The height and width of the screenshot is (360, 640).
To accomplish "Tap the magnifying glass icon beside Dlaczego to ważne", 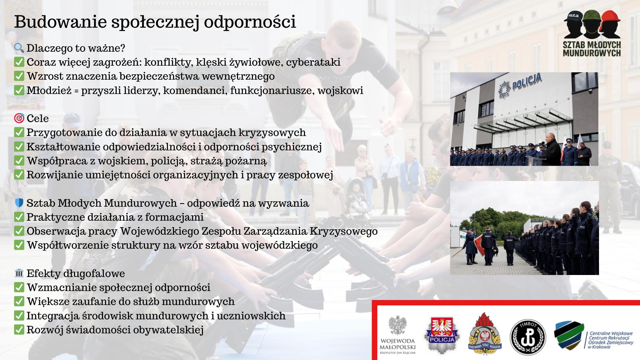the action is pos(19,48).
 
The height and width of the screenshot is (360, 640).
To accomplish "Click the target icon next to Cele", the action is pos(19,118).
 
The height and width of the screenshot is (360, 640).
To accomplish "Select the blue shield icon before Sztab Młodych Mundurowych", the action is pos(19,203).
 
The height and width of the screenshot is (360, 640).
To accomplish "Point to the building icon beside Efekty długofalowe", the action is pos(19,273).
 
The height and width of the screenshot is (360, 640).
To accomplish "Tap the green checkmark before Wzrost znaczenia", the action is pos(19,76).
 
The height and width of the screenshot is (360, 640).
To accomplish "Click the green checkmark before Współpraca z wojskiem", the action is pos(19,161).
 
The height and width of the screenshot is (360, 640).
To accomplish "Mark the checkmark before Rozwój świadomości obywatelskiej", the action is pos(19,330).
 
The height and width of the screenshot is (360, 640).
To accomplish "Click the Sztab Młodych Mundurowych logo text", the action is pos(592,49).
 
